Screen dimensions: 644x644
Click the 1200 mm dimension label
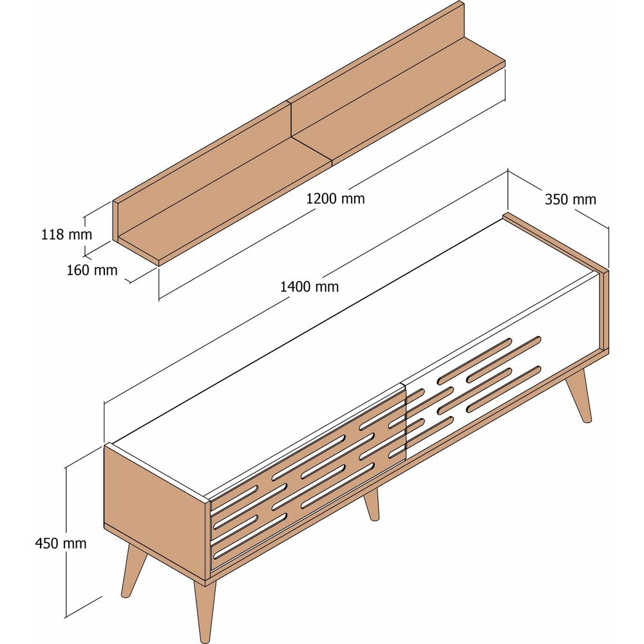click(x=335, y=199)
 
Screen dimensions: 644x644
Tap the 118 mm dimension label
click(x=66, y=234)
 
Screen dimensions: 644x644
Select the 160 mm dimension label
click(x=92, y=270)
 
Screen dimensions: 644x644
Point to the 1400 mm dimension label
click(x=309, y=287)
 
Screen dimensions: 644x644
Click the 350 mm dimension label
click(x=571, y=199)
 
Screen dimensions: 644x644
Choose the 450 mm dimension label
click(x=61, y=544)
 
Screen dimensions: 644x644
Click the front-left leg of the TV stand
click(x=133, y=571)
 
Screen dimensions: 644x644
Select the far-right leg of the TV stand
click(x=579, y=395)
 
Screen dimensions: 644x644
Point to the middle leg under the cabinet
click(x=372, y=504)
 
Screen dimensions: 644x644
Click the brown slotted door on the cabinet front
click(x=308, y=477)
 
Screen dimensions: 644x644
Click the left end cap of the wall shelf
click(x=116, y=222)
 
